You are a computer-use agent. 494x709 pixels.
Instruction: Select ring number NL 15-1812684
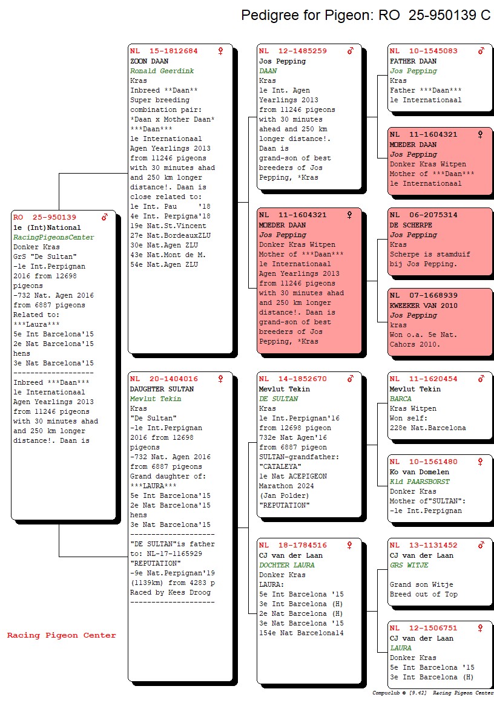click(164, 51)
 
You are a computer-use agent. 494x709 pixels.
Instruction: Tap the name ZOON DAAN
click(150, 61)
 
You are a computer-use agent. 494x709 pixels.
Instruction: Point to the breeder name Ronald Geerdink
click(162, 71)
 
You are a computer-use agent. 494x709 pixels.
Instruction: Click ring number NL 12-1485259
click(292, 51)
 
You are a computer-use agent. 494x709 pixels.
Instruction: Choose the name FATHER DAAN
click(413, 61)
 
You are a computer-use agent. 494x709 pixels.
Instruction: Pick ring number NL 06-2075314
click(423, 215)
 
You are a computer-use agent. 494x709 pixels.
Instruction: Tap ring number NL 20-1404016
click(164, 379)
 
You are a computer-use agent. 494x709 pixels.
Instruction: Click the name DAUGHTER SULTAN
click(162, 389)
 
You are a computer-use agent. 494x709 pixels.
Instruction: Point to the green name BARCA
click(400, 399)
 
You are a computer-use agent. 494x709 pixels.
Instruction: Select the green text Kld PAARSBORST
click(420, 482)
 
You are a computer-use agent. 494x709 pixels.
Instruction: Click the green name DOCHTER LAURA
click(287, 565)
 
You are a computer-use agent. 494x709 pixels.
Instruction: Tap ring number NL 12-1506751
click(423, 628)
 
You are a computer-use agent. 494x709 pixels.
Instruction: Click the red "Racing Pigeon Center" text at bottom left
click(62, 635)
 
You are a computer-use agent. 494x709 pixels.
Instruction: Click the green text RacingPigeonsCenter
click(54, 237)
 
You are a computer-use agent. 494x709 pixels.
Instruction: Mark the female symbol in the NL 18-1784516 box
click(350, 545)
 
